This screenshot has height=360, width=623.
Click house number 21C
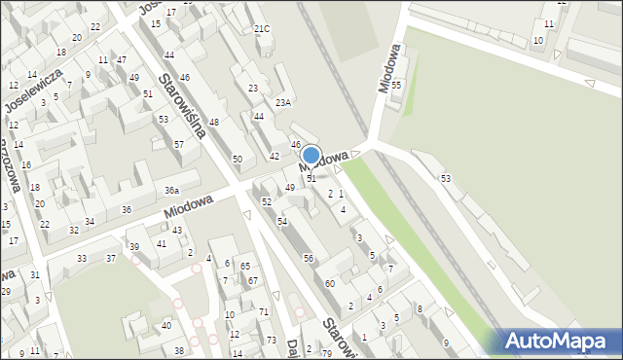(x=262, y=29)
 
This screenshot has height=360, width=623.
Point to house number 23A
(x=283, y=102)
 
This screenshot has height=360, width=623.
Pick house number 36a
(x=171, y=191)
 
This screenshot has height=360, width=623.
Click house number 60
(x=330, y=283)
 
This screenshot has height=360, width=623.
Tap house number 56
(x=309, y=258)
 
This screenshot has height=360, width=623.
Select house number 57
(x=179, y=144)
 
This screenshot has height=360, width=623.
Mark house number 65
(x=245, y=266)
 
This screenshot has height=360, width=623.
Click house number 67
(x=253, y=280)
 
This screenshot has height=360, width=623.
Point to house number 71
(x=264, y=311)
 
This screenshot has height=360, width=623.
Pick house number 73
(x=271, y=340)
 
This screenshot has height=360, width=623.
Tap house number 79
(x=327, y=351)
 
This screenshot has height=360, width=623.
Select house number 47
(x=122, y=60)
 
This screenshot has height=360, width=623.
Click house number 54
(x=282, y=222)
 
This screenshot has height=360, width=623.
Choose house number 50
(x=237, y=159)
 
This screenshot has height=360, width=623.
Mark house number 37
(x=111, y=258)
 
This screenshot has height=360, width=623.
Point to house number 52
(x=267, y=201)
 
